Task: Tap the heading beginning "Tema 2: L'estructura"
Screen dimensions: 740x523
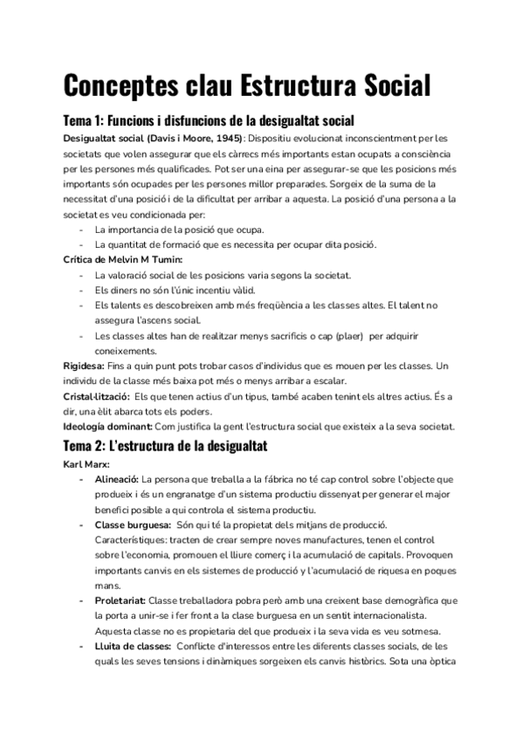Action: [x=165, y=446]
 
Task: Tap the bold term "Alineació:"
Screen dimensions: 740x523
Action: [x=116, y=479]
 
